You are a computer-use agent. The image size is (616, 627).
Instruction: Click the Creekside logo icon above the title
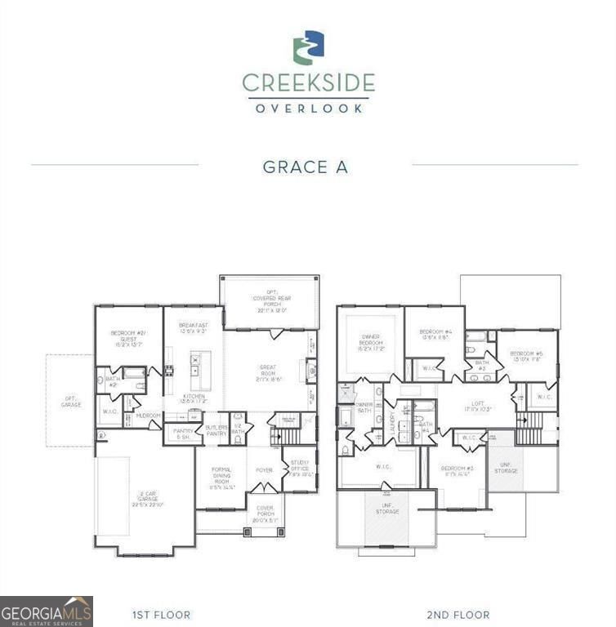coord(308,47)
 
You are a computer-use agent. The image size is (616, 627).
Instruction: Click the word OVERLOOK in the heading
coord(308,108)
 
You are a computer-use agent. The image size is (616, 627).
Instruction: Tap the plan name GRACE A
coord(305,167)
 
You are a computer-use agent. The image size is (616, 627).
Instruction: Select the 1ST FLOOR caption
coord(161,614)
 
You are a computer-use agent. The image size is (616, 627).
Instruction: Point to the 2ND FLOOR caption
coord(458,614)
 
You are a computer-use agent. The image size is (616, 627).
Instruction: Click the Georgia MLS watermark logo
coord(47,611)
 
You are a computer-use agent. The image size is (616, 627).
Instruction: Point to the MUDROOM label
coord(149,416)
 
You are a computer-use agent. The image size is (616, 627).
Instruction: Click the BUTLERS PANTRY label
coord(216,430)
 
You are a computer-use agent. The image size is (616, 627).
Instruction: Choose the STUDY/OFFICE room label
coord(301,470)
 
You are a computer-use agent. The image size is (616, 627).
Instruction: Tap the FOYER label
coord(264,470)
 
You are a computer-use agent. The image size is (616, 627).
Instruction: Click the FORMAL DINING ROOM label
coord(221,478)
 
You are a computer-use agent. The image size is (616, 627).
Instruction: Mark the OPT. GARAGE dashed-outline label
coord(71,402)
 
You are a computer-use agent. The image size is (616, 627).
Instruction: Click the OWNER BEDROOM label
coord(366,344)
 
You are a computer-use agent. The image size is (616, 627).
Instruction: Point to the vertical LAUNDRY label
coord(392,422)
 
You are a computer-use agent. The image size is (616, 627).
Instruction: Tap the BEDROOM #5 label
coord(527,355)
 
